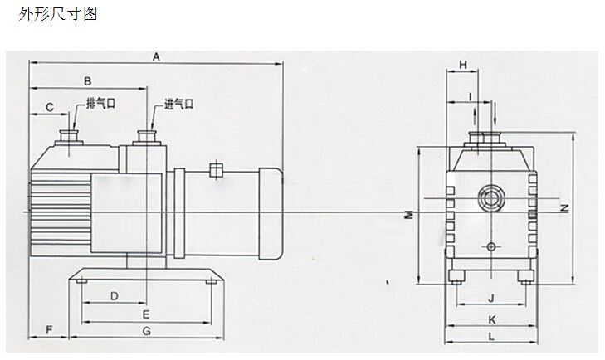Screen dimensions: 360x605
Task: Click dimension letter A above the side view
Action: coord(156,56)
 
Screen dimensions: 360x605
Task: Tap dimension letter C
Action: coord(49,106)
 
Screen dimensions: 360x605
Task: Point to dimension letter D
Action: coord(115,295)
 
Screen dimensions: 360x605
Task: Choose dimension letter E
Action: coord(145,314)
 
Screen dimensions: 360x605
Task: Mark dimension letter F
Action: coord(49,330)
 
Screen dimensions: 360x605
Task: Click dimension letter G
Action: coord(146,330)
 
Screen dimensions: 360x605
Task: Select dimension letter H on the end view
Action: coord(464,64)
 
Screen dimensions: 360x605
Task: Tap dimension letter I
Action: coord(471,96)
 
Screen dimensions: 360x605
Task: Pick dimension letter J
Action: coord(490,296)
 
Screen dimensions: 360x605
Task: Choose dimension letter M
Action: coord(409,214)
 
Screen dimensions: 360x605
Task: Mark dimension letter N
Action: coord(564,207)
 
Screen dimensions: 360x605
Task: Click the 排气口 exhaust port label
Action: coord(100,105)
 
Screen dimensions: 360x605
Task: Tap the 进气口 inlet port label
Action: coord(178,105)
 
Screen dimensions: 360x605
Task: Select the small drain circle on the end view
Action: coord(490,247)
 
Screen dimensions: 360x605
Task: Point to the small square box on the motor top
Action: coord(217,170)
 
